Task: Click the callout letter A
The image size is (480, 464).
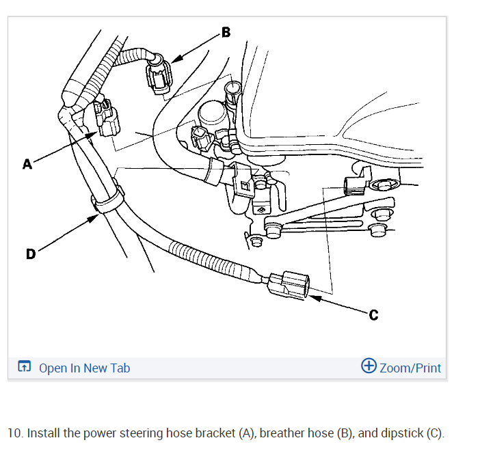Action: point(27,164)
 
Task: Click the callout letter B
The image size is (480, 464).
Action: point(226,32)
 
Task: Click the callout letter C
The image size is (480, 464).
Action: point(373,315)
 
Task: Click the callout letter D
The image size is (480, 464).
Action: point(30,254)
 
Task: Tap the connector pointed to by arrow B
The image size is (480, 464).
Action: point(159,75)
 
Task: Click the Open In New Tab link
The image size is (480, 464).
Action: point(84,368)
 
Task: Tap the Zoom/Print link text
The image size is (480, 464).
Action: point(410,368)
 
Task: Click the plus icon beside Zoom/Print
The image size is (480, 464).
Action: point(369,366)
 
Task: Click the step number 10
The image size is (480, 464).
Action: point(15,433)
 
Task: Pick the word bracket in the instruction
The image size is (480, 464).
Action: point(214,433)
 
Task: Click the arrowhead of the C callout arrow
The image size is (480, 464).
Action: point(312,296)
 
